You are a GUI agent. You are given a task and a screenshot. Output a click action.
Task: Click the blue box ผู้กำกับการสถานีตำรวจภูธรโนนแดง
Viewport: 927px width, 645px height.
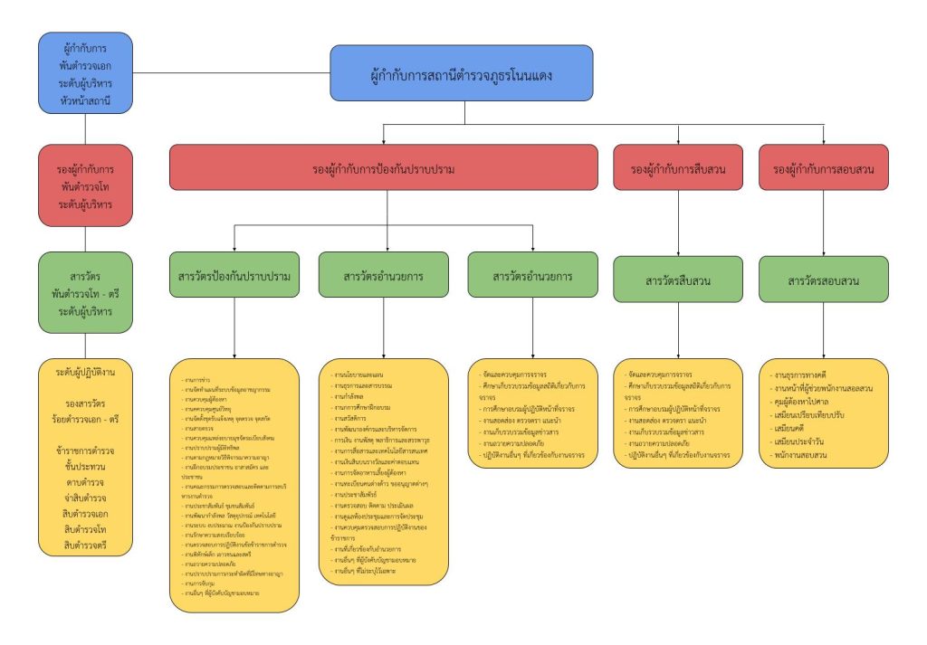(462, 73)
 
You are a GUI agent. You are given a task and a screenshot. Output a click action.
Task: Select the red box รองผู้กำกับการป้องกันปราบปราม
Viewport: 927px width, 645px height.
(383, 168)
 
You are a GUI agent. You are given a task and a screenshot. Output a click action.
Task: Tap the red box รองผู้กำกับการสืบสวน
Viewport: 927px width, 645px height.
(678, 168)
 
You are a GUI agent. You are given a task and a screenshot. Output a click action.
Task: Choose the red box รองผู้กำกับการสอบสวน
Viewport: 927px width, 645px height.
(824, 168)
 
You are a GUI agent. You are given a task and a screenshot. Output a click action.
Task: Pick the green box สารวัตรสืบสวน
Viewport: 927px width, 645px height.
(678, 280)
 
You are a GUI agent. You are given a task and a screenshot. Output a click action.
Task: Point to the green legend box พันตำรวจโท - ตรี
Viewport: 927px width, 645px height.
(86, 292)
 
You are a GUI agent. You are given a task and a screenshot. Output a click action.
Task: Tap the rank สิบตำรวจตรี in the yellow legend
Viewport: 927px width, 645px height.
(86, 546)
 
